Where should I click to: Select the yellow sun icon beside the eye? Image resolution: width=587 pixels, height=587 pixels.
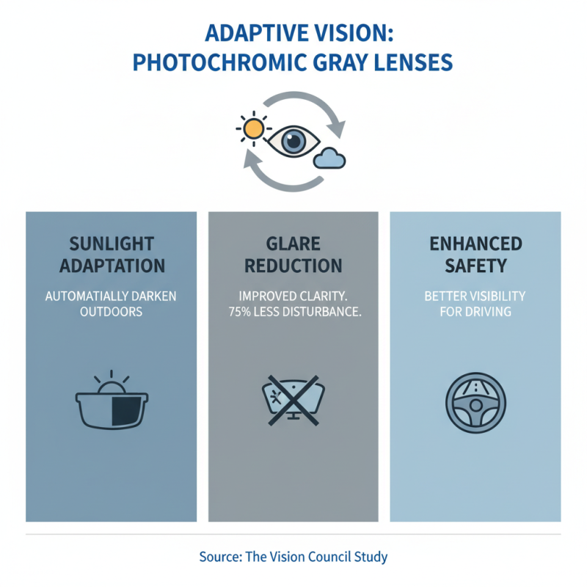253,129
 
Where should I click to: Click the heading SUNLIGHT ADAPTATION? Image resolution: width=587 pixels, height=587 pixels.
111,255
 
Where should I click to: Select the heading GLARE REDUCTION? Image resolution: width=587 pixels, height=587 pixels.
293,255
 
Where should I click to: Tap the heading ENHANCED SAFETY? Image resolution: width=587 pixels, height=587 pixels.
475,255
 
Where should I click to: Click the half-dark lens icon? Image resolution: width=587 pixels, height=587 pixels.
112,406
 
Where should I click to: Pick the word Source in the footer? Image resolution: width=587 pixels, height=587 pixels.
219,556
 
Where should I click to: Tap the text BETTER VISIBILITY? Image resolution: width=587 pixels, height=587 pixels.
475,296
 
